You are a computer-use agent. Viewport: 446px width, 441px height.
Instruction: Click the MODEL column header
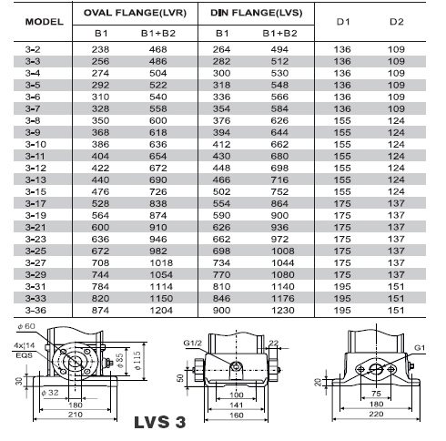[45, 22]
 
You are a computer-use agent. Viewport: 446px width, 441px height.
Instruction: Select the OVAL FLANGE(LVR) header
[135, 13]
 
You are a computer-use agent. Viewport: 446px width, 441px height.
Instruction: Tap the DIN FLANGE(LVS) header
[257, 13]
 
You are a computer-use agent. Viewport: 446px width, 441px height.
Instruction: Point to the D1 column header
[343, 22]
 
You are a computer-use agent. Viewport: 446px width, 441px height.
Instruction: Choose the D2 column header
[397, 22]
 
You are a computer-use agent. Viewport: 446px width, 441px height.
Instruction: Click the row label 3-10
[35, 144]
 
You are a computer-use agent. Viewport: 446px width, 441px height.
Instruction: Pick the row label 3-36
[35, 311]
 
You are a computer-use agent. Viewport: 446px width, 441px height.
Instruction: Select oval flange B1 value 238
[100, 49]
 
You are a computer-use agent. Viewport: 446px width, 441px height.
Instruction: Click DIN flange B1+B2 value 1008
[283, 251]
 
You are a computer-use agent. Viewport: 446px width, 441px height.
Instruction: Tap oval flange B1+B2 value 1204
[161, 311]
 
